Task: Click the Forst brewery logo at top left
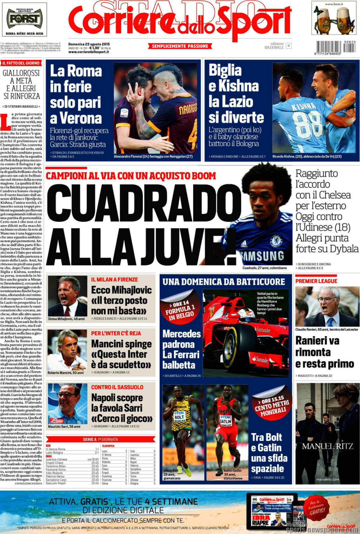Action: [24, 18]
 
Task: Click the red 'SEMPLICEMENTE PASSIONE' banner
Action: [180, 46]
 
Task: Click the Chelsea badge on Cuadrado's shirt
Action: [276, 240]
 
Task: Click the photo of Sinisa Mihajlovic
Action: [67, 296]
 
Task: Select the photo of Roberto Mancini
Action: [67, 350]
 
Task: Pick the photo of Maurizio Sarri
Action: [67, 404]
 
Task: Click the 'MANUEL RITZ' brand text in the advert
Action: [327, 446]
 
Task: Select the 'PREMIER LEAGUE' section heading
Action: [316, 281]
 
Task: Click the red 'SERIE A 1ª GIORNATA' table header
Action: [100, 439]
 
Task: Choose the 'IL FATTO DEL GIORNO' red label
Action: [21, 63]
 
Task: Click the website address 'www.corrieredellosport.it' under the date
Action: [88, 52]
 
